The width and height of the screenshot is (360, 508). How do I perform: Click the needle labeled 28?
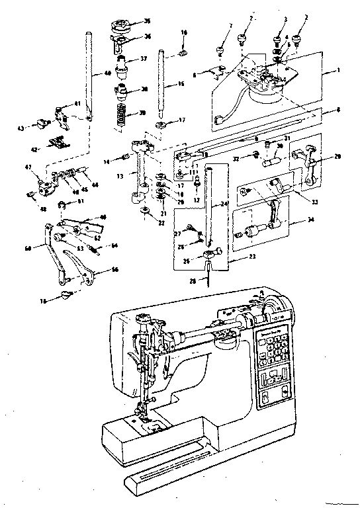[x=207, y=277]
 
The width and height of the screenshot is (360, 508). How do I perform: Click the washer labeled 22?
[x=144, y=210]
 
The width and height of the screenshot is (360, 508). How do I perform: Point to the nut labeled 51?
[x=62, y=204]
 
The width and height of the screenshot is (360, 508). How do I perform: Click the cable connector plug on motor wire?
[x=219, y=120]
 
